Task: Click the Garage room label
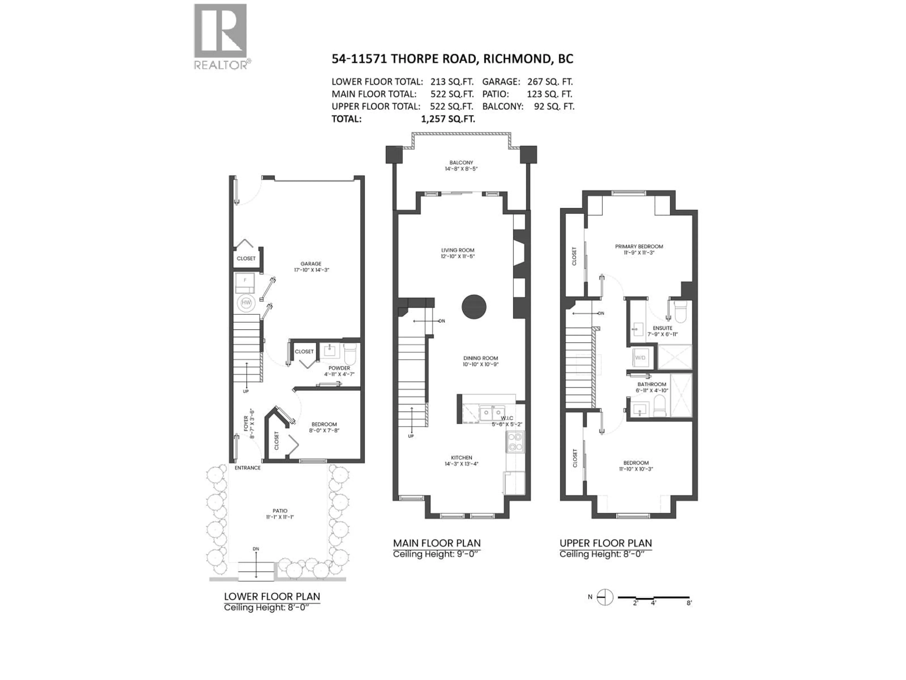tap(311, 263)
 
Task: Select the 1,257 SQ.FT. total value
tap(448, 119)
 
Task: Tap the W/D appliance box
tap(640, 357)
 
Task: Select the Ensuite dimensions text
tap(662, 334)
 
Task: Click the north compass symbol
tap(605, 597)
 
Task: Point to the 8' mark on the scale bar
tap(689, 603)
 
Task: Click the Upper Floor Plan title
tap(605, 544)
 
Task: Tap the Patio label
tap(280, 511)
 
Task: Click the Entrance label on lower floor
tap(247, 468)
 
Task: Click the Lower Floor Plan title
tap(272, 597)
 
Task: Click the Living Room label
tap(457, 250)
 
